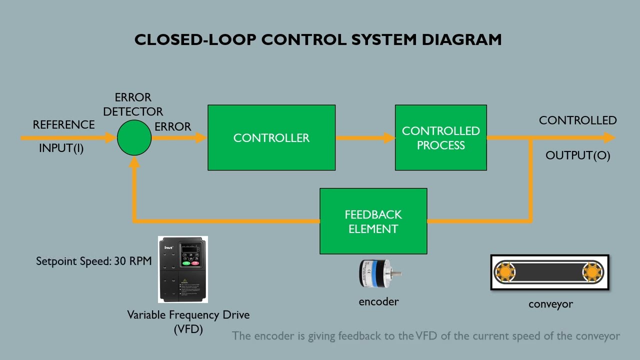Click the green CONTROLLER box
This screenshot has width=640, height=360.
point(271,137)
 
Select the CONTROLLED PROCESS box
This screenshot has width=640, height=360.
point(440,137)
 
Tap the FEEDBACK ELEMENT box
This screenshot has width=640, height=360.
point(373,221)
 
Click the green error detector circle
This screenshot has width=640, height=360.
point(134,138)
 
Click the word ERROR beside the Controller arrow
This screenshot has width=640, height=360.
point(173,127)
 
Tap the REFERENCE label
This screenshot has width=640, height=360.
point(63,125)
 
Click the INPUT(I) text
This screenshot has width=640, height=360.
point(61,148)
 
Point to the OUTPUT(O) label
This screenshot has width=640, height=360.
point(577,155)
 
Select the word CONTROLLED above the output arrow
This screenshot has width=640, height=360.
point(577,120)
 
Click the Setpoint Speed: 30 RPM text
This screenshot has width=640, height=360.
point(93,261)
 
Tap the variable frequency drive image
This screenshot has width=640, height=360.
point(182,269)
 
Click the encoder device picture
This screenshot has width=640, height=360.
point(378,273)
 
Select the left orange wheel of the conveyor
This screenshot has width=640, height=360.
point(505,272)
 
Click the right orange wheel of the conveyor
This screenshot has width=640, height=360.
point(592,272)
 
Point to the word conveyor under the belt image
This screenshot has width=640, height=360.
point(550,304)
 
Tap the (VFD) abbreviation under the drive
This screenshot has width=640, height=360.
point(188,329)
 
